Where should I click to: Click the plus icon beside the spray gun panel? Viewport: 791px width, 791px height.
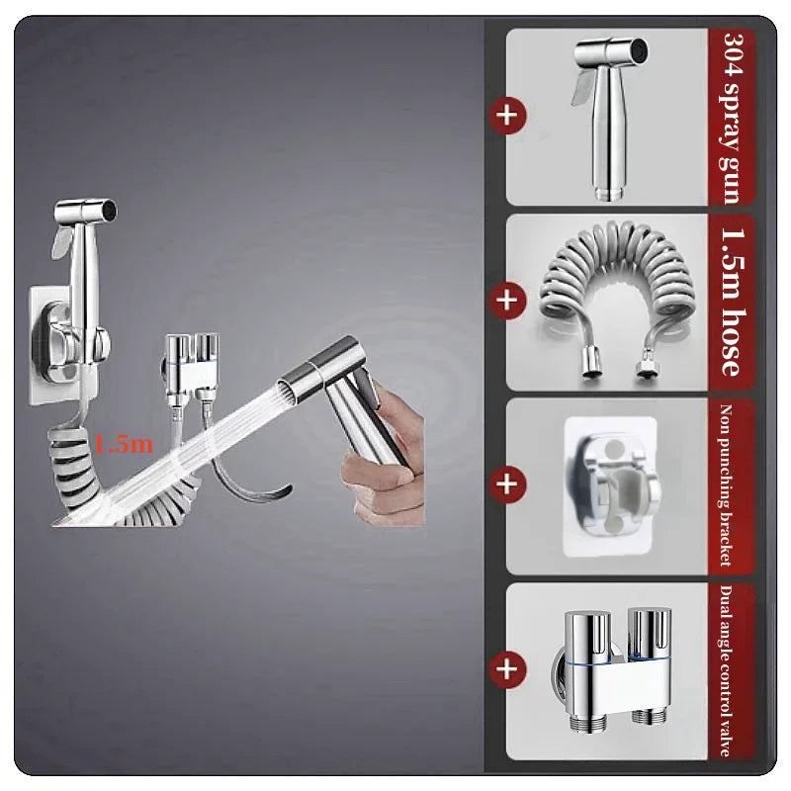pyautogui.click(x=507, y=116)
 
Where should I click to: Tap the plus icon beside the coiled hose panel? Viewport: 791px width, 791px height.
pyautogui.click(x=507, y=301)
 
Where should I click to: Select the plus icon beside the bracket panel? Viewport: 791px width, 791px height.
pyautogui.click(x=507, y=484)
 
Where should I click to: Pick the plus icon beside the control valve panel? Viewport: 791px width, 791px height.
pyautogui.click(x=507, y=669)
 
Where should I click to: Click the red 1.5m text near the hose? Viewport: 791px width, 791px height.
pyautogui.click(x=124, y=444)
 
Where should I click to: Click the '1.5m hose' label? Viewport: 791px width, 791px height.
pyautogui.click(x=732, y=302)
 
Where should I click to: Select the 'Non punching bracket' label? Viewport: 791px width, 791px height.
pyautogui.click(x=726, y=484)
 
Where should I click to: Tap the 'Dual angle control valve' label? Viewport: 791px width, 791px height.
pyautogui.click(x=726, y=670)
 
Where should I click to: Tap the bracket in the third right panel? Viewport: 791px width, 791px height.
pyautogui.click(x=610, y=486)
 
